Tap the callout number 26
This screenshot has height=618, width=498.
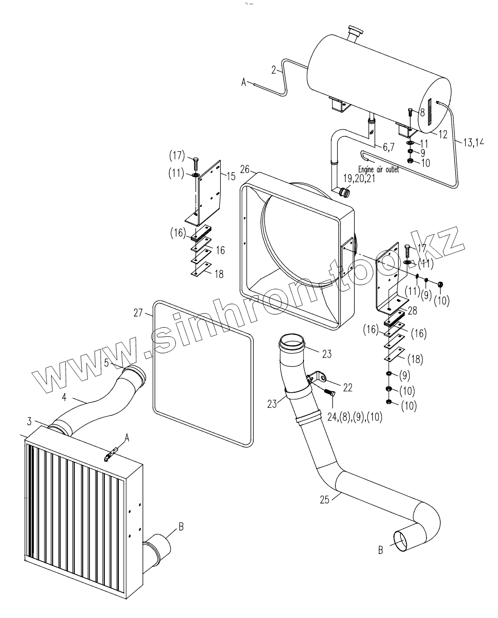pyautogui.click(x=245, y=168)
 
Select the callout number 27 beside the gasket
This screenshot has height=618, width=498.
pyautogui.click(x=138, y=312)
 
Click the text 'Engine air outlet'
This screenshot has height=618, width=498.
pyautogui.click(x=379, y=169)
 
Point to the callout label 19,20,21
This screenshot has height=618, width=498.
pyautogui.click(x=360, y=179)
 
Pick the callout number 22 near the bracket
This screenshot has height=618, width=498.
pyautogui.click(x=348, y=387)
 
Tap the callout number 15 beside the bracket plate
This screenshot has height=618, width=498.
pyautogui.click(x=231, y=176)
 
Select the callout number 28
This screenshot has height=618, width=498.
pyautogui.click(x=412, y=310)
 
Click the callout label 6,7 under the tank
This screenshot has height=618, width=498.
pyautogui.click(x=388, y=147)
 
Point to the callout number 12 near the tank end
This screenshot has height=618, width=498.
pyautogui.click(x=442, y=134)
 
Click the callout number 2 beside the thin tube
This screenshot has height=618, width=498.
pyautogui.click(x=273, y=70)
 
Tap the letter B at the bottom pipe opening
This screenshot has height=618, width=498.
pyautogui.click(x=381, y=549)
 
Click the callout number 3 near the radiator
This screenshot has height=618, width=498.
pyautogui.click(x=29, y=420)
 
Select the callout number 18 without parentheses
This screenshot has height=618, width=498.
pyautogui.click(x=219, y=274)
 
